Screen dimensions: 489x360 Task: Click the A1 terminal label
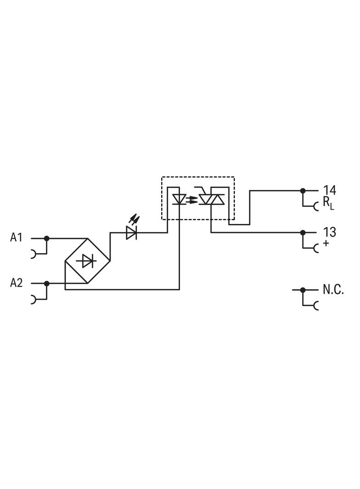[16, 238]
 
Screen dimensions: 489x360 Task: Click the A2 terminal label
[16, 283]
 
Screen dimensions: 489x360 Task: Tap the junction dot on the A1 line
[46, 239]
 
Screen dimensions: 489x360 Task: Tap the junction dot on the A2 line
[46, 283]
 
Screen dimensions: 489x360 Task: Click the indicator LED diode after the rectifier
[132, 233]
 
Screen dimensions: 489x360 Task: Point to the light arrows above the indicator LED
[135, 220]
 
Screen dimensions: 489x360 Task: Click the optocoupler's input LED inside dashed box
[179, 200]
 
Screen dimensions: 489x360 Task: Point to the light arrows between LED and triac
[192, 200]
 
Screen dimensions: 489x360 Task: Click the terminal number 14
[329, 190]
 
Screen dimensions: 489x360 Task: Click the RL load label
[328, 203]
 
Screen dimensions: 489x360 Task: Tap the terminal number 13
[329, 232]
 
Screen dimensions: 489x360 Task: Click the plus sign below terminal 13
[326, 243]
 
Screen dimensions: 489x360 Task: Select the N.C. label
[333, 290]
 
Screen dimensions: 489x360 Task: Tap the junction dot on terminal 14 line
[303, 190]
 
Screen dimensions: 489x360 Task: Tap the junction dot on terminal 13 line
[303, 233]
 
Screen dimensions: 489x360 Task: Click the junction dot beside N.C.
[303, 290]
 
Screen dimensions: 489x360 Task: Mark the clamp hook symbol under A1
[34, 254]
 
